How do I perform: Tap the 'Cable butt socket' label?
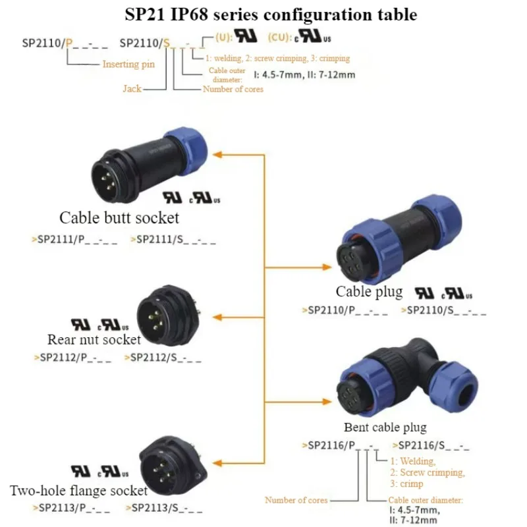[x=119, y=217]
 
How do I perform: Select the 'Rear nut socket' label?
[x=94, y=340]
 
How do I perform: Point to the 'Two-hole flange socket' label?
[x=79, y=491]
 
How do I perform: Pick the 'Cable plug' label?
[x=369, y=291]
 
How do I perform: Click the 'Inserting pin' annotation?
[x=128, y=64]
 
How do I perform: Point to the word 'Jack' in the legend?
[x=132, y=88]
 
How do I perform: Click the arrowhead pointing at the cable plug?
[x=327, y=267]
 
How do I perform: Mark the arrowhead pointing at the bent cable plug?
[x=327, y=401]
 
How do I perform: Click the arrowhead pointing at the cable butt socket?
[x=219, y=153]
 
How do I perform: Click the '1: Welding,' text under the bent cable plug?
[x=413, y=461]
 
